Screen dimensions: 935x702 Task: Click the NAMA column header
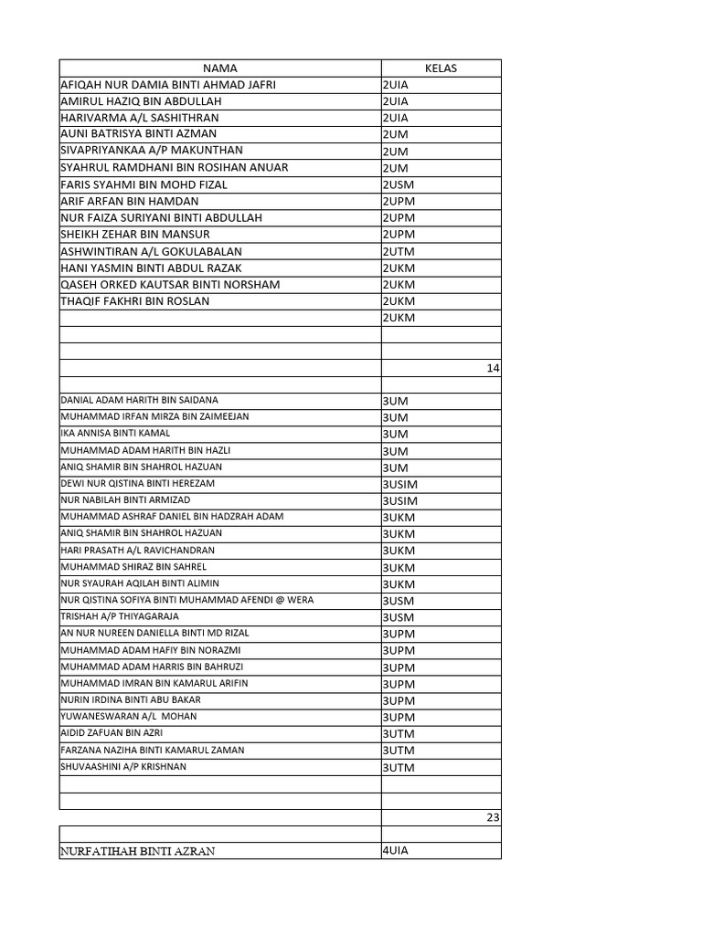(219, 68)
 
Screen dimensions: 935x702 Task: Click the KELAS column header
(441, 68)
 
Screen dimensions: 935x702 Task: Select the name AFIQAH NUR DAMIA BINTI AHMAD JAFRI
(167, 85)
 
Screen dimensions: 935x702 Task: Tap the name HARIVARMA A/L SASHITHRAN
(139, 118)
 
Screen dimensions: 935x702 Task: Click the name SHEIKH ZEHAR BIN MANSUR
(134, 235)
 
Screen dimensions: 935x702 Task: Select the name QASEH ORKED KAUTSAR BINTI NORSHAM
(170, 285)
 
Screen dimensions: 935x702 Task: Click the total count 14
(493, 369)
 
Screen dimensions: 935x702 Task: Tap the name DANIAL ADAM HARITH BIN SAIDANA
(139, 400)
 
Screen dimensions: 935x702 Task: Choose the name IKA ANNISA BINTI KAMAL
(115, 433)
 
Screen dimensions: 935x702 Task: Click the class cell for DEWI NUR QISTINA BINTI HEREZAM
(399, 484)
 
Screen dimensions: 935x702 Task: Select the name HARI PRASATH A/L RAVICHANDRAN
(137, 550)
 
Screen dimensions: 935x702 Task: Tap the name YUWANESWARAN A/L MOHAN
(128, 717)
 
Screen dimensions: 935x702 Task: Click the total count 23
(493, 818)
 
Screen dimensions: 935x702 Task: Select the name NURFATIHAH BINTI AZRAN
(137, 852)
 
